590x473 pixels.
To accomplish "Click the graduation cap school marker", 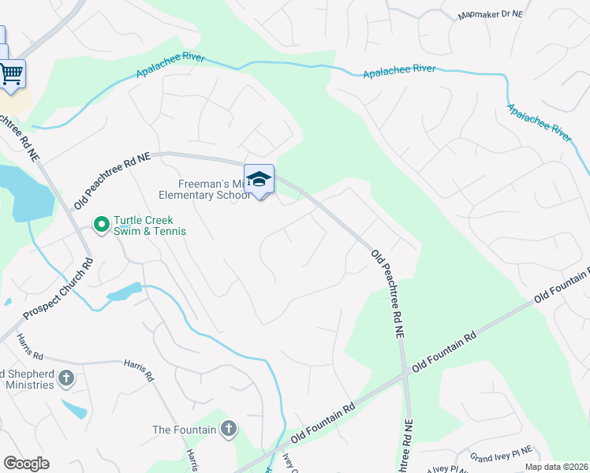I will [259, 181].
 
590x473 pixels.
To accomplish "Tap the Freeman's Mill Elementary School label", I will [204, 189].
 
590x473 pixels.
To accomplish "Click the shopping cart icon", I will [11, 74].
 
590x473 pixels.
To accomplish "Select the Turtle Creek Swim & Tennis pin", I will [101, 225].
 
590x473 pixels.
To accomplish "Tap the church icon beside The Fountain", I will [229, 430].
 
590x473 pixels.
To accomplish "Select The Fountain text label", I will [184, 430].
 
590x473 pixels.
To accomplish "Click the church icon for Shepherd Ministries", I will [66, 379].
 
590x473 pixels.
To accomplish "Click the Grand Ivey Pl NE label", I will [502, 454].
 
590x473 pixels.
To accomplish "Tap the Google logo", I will [26, 464].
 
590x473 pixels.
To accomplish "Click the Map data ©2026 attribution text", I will [556, 467].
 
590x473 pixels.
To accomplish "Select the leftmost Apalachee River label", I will [170, 65].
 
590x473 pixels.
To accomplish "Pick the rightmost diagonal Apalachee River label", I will [539, 121].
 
